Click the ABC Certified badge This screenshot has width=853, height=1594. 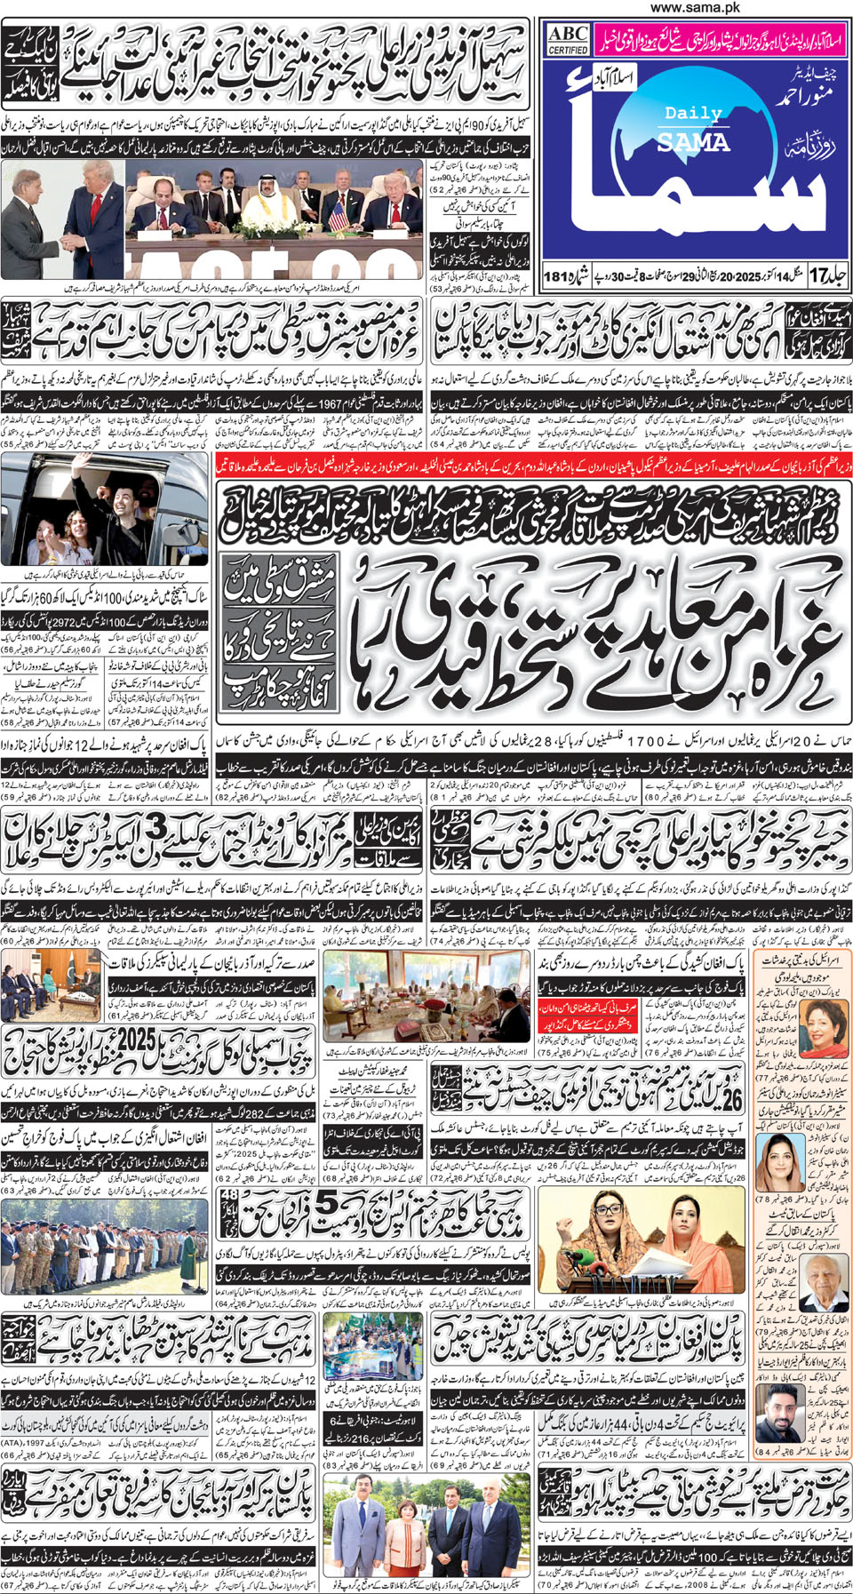(568, 39)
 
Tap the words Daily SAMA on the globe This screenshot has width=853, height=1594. (693, 128)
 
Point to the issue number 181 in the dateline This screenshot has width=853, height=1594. (559, 276)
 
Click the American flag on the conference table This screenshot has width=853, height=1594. (338, 213)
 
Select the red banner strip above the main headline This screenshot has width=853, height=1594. (532, 465)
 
